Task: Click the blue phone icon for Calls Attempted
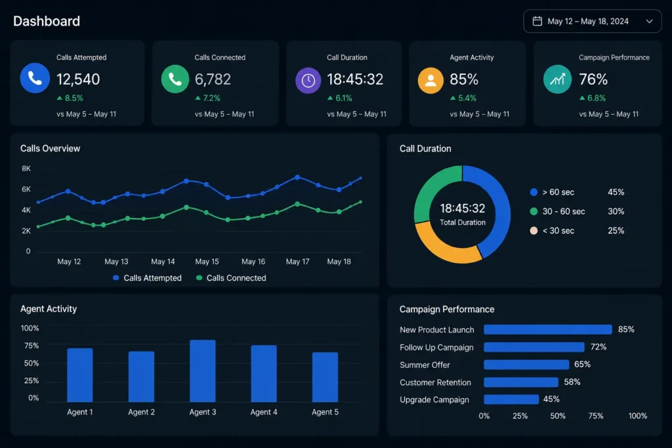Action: pos(35,78)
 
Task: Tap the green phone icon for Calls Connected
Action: pos(175,79)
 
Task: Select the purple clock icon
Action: pos(308,81)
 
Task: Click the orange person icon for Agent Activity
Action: pos(430,81)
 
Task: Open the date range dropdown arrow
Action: pos(649,21)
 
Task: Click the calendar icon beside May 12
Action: pos(537,21)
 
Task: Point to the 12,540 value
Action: pos(78,79)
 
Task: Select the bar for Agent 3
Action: pos(203,371)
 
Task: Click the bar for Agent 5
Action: pos(325,377)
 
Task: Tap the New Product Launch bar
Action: pos(548,329)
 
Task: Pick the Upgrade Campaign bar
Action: pos(511,399)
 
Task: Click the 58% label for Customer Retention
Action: pos(572,382)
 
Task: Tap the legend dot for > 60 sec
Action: pos(534,192)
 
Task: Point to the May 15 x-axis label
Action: pos(207,261)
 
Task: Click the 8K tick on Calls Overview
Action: pos(26,169)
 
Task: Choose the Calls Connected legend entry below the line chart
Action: pos(231,278)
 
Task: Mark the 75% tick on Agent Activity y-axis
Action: pos(31,346)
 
